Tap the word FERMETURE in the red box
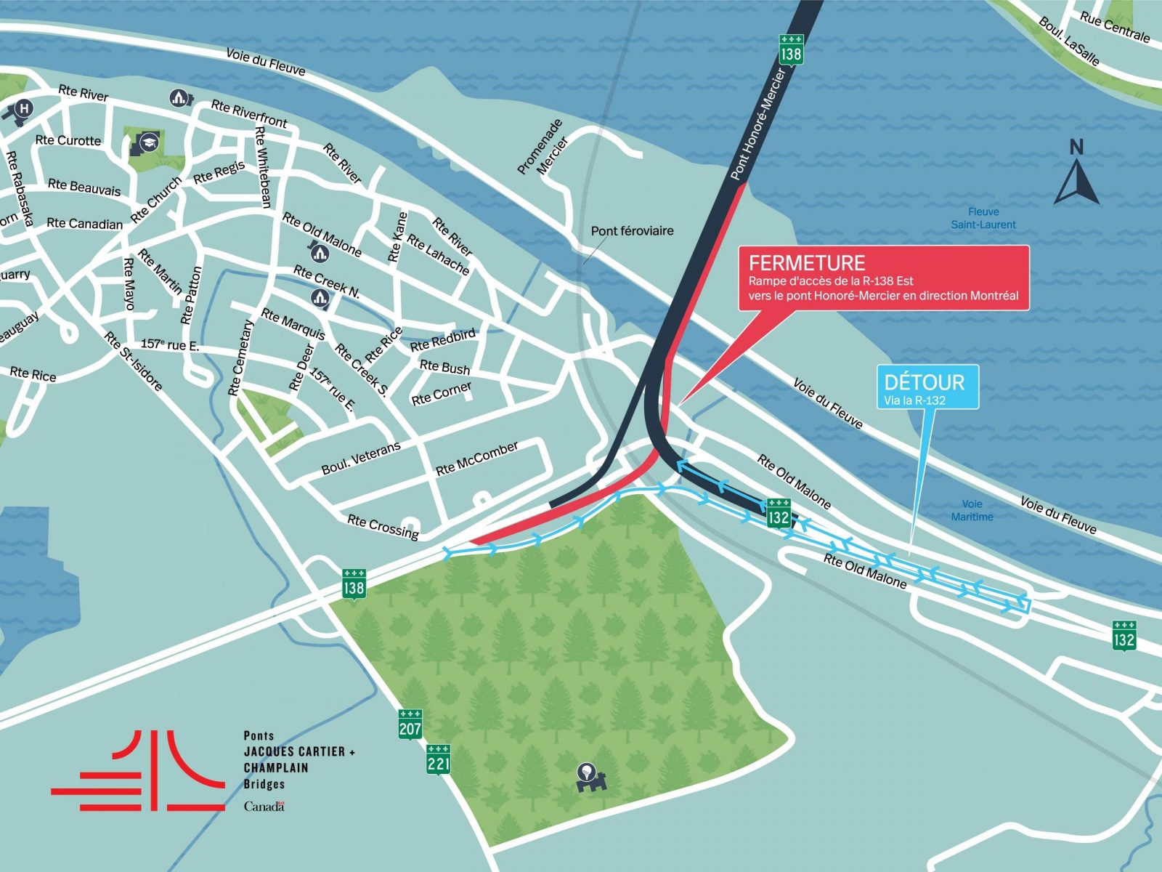click(x=806, y=263)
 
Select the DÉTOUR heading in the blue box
click(x=924, y=382)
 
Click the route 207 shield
click(x=410, y=724)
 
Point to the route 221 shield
click(x=438, y=759)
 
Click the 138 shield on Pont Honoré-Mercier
click(x=791, y=50)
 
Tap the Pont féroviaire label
click(x=632, y=231)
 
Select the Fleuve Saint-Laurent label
click(x=983, y=218)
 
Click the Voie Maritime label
click(x=972, y=510)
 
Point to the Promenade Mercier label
click(x=543, y=148)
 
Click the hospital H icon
click(x=24, y=109)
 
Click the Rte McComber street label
click(x=477, y=459)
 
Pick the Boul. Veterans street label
click(x=361, y=459)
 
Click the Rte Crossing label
click(x=383, y=527)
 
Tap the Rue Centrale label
click(x=1114, y=27)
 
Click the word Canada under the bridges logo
click(x=264, y=807)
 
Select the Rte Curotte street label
click(x=68, y=140)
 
